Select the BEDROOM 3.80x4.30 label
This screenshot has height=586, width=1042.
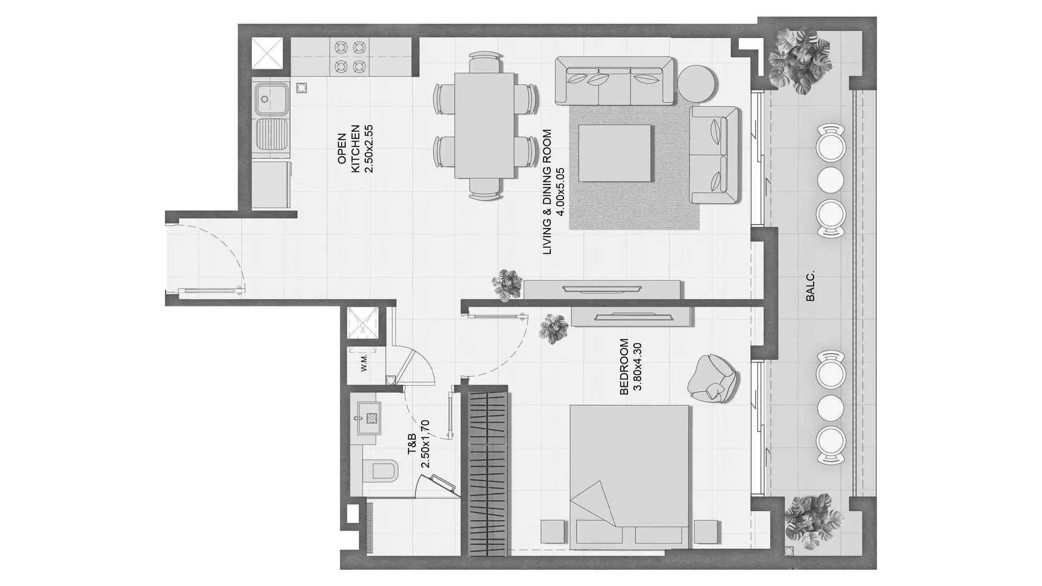point(630,366)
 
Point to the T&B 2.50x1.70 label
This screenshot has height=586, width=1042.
point(418,444)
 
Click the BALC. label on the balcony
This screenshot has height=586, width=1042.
point(811,286)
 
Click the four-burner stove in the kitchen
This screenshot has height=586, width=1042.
point(349,57)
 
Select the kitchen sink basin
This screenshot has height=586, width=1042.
point(271,99)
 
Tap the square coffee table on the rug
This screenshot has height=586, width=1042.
point(614,154)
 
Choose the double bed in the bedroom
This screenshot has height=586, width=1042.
point(629,476)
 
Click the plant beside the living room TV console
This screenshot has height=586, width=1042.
point(507,285)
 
